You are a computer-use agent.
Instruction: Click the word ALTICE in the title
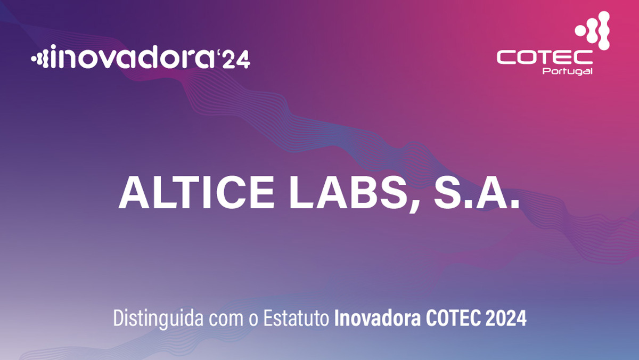coord(196,193)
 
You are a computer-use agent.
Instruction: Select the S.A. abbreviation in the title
coord(477,193)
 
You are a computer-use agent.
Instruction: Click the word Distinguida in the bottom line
coord(158,318)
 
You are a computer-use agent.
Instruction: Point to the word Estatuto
coord(296,318)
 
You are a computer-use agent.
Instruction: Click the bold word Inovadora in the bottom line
coord(378,318)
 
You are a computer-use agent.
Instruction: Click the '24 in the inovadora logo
coord(234,59)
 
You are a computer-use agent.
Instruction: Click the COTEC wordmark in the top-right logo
coord(545,58)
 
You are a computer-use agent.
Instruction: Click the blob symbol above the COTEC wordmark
coord(593,30)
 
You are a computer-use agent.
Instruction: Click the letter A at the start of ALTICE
coord(134,193)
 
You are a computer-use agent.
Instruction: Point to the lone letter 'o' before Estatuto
coord(253,320)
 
